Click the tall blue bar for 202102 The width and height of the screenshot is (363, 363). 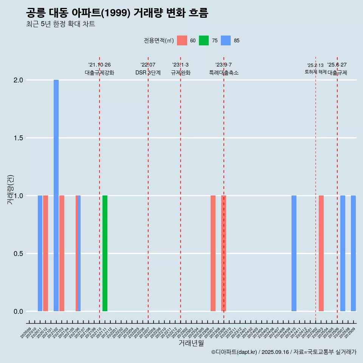[x=56, y=195]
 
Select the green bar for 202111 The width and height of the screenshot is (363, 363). [x=105, y=253]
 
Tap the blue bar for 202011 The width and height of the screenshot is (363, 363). [x=40, y=253]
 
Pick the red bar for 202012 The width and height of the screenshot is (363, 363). [x=45, y=253]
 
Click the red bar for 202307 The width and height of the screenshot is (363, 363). [x=213, y=253]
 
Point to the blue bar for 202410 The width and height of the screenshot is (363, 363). [x=294, y=253]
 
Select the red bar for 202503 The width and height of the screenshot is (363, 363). [x=321, y=253]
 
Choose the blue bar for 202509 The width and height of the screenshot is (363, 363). [x=353, y=253]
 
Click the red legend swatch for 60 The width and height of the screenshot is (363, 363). [x=182, y=40]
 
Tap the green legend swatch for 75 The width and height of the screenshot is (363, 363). [x=204, y=40]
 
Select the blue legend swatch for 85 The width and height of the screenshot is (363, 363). [x=226, y=40]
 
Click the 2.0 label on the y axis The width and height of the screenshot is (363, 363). [x=18, y=80]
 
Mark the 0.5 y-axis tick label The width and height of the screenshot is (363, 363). [x=18, y=253]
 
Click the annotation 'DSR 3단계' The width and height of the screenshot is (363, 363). [x=148, y=73]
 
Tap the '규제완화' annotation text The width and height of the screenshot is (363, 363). [x=180, y=73]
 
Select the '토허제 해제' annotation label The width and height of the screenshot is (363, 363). [x=315, y=72]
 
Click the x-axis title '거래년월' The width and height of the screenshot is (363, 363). [x=191, y=343]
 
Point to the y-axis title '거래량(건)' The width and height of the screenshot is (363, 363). [x=10, y=190]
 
